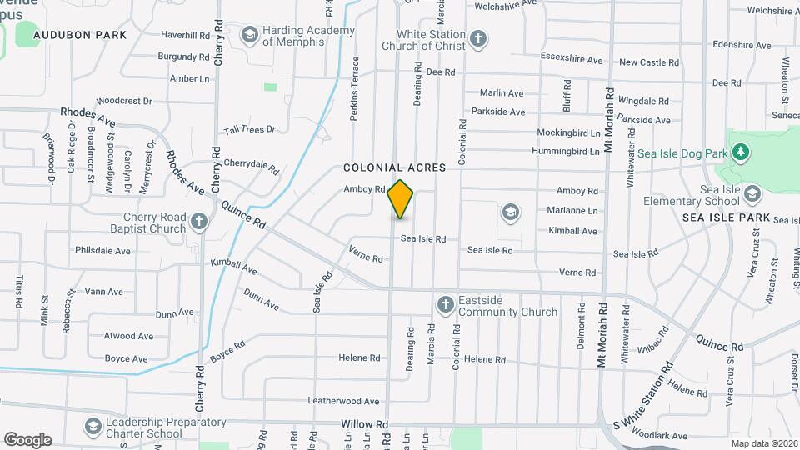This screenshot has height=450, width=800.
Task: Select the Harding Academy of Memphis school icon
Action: click(249, 35)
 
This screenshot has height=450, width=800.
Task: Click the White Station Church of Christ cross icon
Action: click(477, 38)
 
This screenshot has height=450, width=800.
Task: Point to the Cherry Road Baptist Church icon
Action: click(198, 222)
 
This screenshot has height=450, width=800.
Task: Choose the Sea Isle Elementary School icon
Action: click(752, 194)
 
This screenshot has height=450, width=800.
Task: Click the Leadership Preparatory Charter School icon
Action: click(93, 427)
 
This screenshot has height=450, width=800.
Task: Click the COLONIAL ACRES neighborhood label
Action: click(395, 167)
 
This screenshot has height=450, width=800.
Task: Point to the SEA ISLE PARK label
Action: click(726, 217)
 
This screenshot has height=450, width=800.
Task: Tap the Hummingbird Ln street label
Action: click(568, 152)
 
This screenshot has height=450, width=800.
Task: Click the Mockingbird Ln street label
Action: click(568, 132)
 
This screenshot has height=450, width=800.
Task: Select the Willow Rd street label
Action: click(365, 424)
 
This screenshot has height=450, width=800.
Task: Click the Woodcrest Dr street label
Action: click(124, 100)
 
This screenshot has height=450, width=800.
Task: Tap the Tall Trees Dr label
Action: click(250, 130)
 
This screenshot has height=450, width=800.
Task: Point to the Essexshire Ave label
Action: click(571, 60)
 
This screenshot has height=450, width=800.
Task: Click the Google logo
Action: click(27, 440)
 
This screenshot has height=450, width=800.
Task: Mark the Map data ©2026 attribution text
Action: click(763, 443)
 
